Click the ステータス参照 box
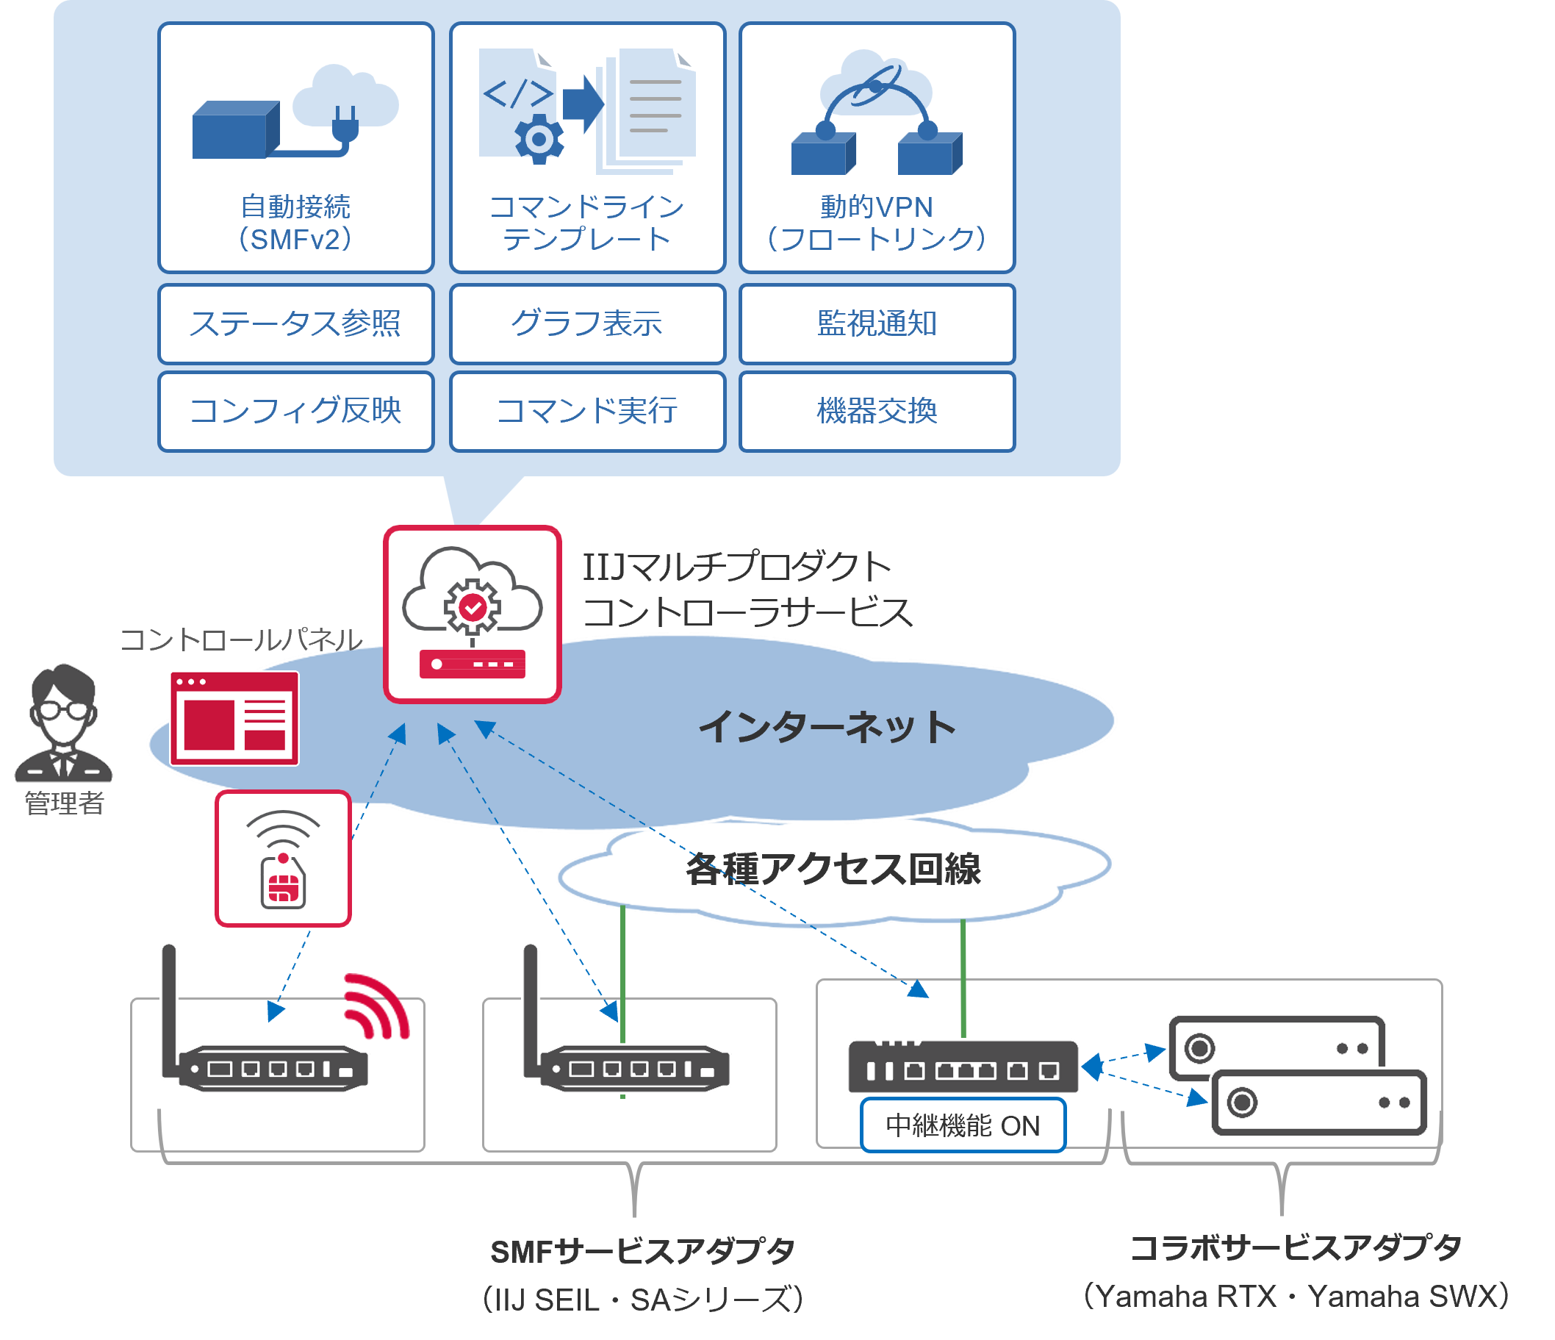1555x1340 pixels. click(x=295, y=323)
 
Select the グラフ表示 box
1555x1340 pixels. click(x=587, y=323)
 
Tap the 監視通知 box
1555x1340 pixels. click(x=877, y=323)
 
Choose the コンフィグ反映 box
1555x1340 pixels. click(x=295, y=411)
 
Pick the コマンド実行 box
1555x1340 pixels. click(x=587, y=411)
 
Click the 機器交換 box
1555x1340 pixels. click(x=877, y=411)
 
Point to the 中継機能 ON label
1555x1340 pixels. click(x=963, y=1125)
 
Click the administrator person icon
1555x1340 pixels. click(x=64, y=724)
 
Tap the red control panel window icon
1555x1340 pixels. click(x=235, y=718)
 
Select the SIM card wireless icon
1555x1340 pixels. click(x=283, y=859)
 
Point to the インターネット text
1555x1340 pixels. click(x=827, y=727)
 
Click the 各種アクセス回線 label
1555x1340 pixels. click(x=833, y=869)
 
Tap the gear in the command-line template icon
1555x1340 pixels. click(x=538, y=139)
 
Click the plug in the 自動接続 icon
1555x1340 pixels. click(x=345, y=125)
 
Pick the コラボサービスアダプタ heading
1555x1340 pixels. click(x=1296, y=1247)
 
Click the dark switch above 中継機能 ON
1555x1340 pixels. click(x=963, y=1067)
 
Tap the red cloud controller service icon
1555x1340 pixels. click(x=472, y=614)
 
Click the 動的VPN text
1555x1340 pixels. click(x=877, y=207)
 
